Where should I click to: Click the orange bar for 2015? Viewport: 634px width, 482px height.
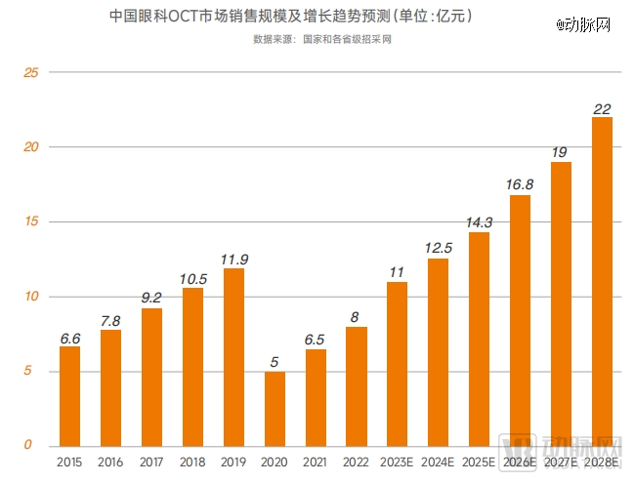(69, 396)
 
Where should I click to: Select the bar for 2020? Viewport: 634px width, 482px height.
(275, 409)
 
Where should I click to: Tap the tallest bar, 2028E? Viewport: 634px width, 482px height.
(602, 281)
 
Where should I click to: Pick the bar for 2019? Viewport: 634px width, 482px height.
(233, 357)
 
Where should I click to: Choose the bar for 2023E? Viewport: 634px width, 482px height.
(397, 364)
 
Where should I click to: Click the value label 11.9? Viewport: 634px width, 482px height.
(233, 259)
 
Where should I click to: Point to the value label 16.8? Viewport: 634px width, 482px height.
(520, 184)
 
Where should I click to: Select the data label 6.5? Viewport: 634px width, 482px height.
(315, 339)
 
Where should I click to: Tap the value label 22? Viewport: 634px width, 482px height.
(602, 107)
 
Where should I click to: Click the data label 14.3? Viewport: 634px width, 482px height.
(479, 222)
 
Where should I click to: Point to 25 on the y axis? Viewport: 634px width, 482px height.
(29, 73)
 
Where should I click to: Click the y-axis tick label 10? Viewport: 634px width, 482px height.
(29, 297)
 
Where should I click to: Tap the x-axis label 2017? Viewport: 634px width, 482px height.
(151, 462)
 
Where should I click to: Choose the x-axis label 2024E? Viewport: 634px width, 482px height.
(438, 462)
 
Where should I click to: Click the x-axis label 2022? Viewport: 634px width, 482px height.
(356, 462)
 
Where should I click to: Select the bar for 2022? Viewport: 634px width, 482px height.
(356, 386)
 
